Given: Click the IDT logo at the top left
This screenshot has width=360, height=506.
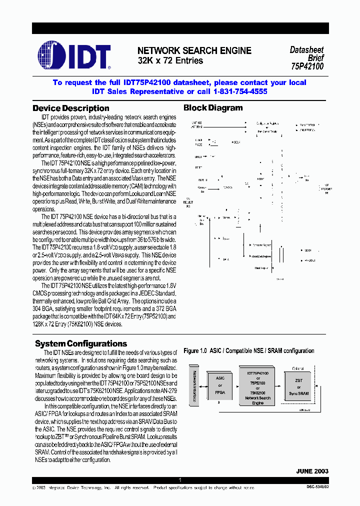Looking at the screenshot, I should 74,55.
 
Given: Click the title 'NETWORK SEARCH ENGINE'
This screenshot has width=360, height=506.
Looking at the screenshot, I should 194,50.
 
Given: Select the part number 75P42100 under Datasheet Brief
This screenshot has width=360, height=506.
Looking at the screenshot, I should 307,66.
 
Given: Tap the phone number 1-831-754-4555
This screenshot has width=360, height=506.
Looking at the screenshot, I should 240,91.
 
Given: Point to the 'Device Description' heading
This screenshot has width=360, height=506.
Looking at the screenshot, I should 70,108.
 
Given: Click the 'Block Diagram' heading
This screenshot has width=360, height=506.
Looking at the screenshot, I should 213,107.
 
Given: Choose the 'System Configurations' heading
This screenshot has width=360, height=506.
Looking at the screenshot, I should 81,343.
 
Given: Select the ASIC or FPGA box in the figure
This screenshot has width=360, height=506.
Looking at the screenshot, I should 220,385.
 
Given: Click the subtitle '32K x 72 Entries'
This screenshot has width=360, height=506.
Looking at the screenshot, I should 170,60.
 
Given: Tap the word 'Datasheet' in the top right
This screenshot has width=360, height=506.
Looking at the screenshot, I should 306,50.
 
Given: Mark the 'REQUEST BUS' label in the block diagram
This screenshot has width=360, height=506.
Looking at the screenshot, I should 188,202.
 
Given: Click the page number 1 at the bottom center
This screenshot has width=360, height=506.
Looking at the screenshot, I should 180,480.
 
